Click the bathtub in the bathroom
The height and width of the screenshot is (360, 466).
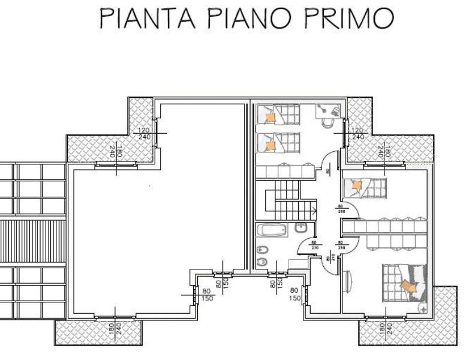coord(273,230)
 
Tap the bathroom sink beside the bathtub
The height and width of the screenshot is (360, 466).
coord(302,227)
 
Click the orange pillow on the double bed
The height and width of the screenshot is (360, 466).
coord(411,287)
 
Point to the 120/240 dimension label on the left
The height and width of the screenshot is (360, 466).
coord(144,133)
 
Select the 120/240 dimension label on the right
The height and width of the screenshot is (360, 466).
coord(357,133)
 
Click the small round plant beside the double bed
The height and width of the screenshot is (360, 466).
coord(423,309)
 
